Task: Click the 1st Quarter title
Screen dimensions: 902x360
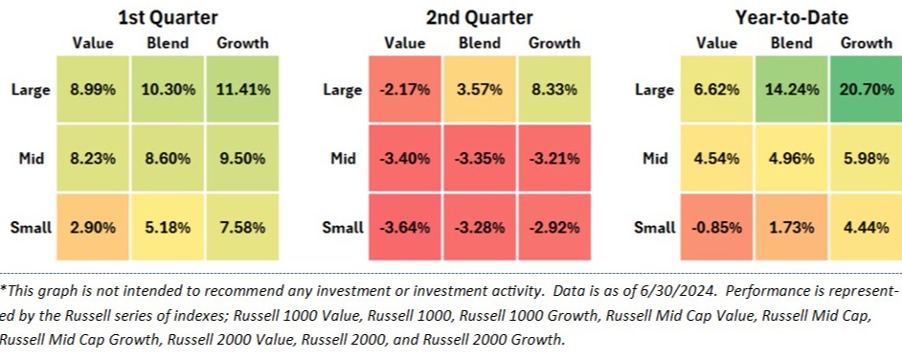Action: [168, 17]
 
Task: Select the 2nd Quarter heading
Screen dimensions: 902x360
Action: [479, 17]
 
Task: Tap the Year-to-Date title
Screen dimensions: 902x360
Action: [792, 17]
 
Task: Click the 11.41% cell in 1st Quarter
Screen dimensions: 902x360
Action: [242, 90]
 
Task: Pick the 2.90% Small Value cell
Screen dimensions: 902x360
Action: [93, 227]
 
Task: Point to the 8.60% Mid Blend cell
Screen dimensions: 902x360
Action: [168, 158]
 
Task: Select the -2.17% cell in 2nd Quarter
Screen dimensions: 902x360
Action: [404, 90]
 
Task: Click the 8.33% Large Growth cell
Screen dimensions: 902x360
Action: [554, 90]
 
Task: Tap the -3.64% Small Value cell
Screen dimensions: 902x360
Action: [404, 227]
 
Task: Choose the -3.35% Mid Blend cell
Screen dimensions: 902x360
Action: [479, 158]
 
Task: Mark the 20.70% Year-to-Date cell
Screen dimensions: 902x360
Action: [866, 90]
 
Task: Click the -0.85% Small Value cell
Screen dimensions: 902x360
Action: [716, 227]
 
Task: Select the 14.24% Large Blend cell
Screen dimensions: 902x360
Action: [791, 90]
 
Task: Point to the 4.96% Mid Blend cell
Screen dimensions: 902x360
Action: [791, 158]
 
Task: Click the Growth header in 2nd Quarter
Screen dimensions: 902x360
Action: [554, 43]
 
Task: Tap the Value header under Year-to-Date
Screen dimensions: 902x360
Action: [716, 43]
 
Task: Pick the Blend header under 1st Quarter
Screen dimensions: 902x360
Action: [168, 43]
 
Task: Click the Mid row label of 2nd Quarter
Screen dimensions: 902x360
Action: [344, 158]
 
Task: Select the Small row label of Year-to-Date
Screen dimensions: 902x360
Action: [655, 228]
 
